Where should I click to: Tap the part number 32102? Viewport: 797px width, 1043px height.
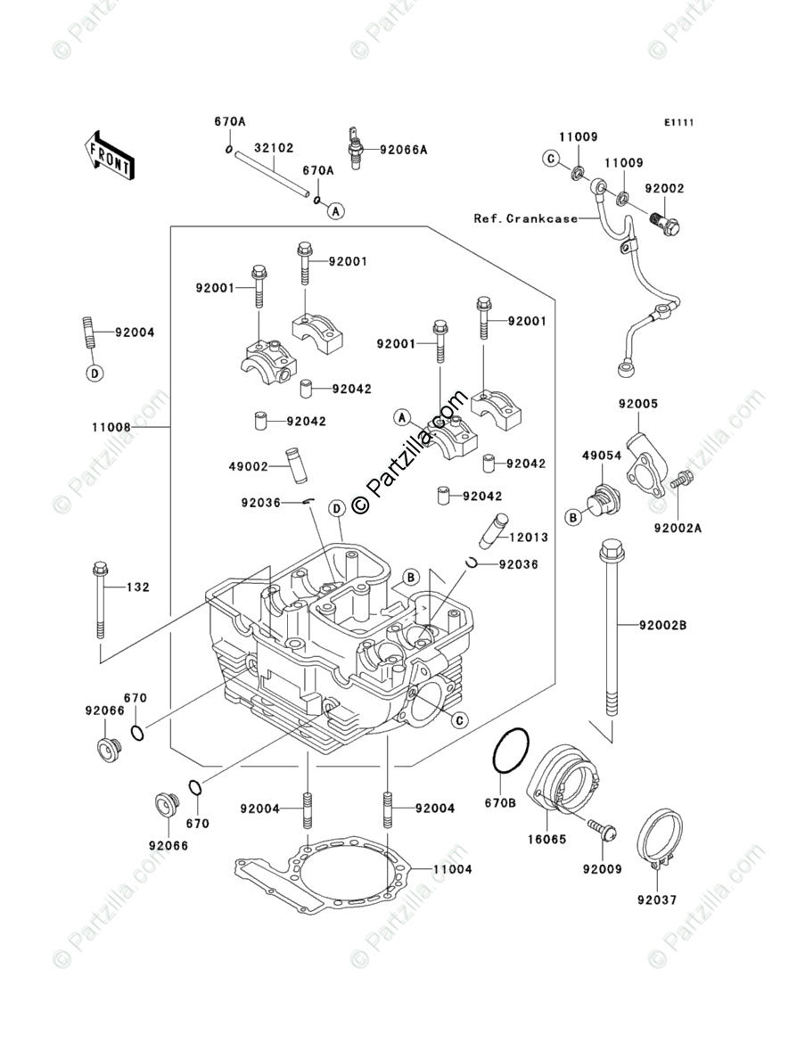click(275, 148)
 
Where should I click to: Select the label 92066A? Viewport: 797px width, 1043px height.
click(404, 150)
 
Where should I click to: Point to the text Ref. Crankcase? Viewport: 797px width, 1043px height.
click(525, 218)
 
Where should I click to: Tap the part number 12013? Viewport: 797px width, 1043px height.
click(529, 538)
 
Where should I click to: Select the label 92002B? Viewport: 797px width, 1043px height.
click(662, 625)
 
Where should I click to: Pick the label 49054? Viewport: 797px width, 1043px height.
click(601, 456)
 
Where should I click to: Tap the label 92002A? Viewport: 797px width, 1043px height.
click(678, 528)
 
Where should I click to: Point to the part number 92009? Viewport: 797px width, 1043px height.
click(603, 868)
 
